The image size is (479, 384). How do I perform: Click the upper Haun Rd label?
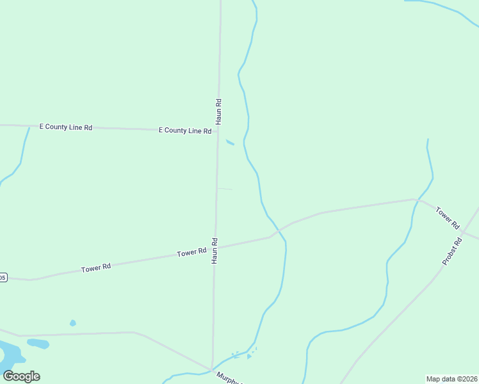(218, 111)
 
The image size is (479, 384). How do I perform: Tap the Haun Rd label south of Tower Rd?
(215, 251)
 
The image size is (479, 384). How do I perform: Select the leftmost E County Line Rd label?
(66, 127)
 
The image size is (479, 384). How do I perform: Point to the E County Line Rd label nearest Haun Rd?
(185, 131)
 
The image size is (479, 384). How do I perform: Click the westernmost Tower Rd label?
(96, 268)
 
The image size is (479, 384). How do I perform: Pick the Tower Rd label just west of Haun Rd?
(191, 253)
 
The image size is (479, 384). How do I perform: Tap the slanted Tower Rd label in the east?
(448, 218)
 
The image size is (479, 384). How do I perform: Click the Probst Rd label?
(452, 252)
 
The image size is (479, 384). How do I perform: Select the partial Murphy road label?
(229, 378)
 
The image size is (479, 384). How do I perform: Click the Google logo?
(21, 376)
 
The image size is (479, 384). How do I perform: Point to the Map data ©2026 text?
(451, 379)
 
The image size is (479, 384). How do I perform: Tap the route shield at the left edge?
(3, 277)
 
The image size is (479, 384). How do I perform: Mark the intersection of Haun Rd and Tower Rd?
(215, 247)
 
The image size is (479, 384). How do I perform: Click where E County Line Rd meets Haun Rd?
(218, 131)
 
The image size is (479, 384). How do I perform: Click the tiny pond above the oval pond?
(72, 323)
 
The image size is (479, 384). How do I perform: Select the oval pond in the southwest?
(38, 344)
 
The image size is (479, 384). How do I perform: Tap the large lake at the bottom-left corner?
(9, 355)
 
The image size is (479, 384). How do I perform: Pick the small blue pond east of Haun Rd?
(230, 142)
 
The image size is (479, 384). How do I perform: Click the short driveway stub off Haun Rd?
(225, 189)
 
